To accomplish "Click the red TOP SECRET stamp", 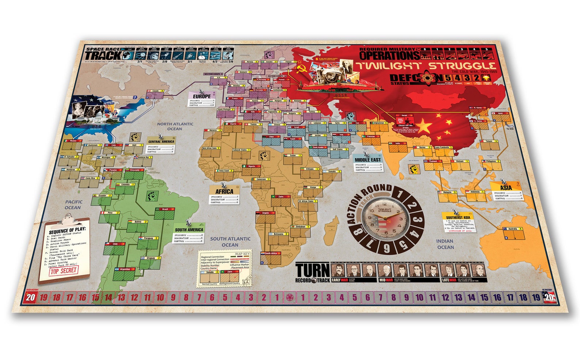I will pyautogui.click(x=64, y=271).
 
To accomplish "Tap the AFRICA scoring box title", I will pyautogui.click(x=224, y=191).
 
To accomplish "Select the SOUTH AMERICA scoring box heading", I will pyautogui.click(x=189, y=230).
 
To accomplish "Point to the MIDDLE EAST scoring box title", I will pyautogui.click(x=367, y=160).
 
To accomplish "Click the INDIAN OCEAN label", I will pyautogui.click(x=445, y=244).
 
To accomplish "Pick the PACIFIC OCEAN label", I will pyautogui.click(x=73, y=205).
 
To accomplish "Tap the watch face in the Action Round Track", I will pyautogui.click(x=384, y=218).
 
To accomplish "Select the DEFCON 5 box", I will pyautogui.click(x=448, y=77).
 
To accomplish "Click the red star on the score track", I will pyautogui.click(x=290, y=297).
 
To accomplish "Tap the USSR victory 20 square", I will pyautogui.click(x=30, y=297).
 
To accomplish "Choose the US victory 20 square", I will pyautogui.click(x=549, y=297).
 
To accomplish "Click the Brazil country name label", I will pyautogui.click(x=165, y=209).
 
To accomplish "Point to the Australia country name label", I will pyautogui.click(x=512, y=229).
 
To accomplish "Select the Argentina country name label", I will pyautogui.click(x=125, y=269).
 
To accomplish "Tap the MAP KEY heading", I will pyautogui.click(x=242, y=254).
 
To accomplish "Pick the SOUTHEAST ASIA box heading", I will pyautogui.click(x=458, y=217).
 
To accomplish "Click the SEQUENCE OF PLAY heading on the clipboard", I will pyautogui.click(x=67, y=230).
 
